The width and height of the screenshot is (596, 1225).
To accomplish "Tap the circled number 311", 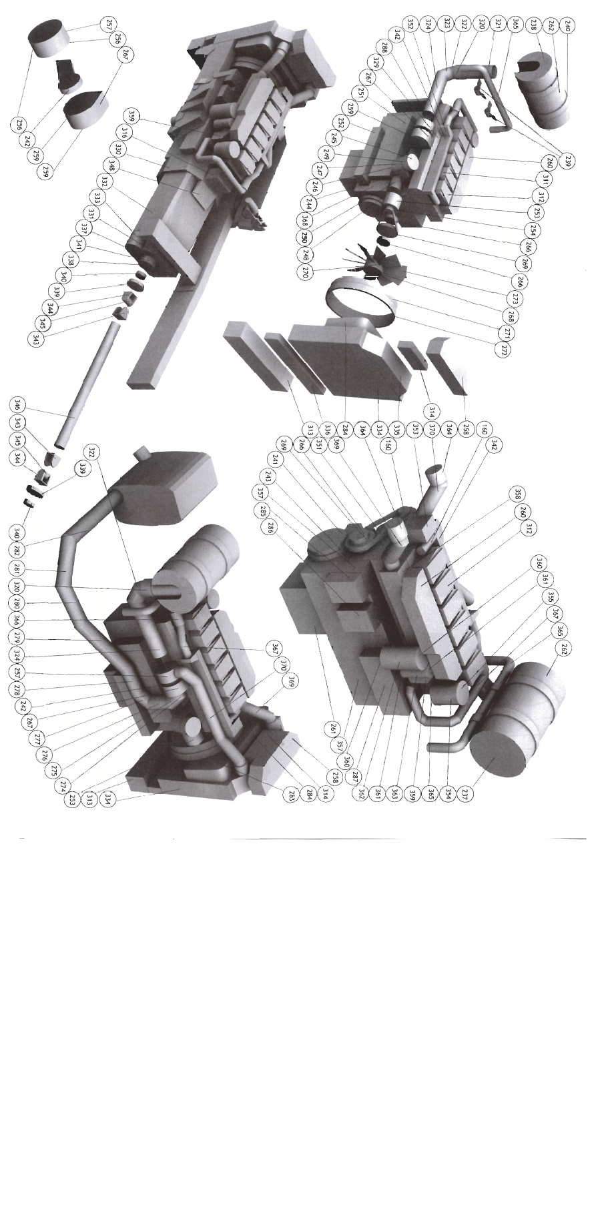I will pos(543,179).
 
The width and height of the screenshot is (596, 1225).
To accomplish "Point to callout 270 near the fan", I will pos(306,272).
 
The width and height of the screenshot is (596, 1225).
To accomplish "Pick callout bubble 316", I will pos(125,132).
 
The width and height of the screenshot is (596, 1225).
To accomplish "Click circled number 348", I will pos(112,165).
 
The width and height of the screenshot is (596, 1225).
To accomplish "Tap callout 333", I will pos(97,198).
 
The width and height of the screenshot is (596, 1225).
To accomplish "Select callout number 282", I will pos(17,550).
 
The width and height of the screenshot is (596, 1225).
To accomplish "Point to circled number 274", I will pos(63,785).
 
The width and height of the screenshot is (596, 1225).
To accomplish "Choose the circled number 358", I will pos(516,494).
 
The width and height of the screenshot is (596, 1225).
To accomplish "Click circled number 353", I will pos(415,430).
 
